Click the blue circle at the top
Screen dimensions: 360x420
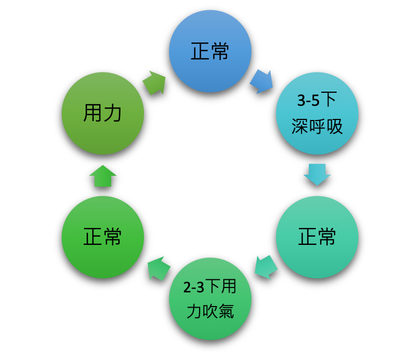pyautogui.click(x=210, y=51)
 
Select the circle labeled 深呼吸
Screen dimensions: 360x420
pyautogui.click(x=317, y=113)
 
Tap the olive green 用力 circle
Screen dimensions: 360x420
pyautogui.click(x=103, y=113)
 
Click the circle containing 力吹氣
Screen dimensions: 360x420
pyautogui.click(x=210, y=299)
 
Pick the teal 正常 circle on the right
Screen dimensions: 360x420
pyautogui.click(x=317, y=237)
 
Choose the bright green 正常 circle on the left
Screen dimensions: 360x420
pyautogui.click(x=103, y=237)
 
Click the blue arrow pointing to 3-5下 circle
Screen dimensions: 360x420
pyautogui.click(x=261, y=81)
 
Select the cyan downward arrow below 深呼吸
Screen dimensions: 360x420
pyautogui.click(x=317, y=174)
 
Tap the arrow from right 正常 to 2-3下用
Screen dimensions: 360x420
pyautogui.click(x=266, y=267)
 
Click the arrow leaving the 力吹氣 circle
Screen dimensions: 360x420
pyautogui.click(x=159, y=268)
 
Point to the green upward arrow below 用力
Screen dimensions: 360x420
pyautogui.click(x=103, y=176)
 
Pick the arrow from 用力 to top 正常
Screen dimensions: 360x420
pyautogui.click(x=154, y=83)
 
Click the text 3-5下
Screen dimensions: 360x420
pyautogui.click(x=317, y=100)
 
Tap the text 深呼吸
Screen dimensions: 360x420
pyautogui.click(x=317, y=127)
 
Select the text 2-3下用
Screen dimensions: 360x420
pyautogui.click(x=210, y=286)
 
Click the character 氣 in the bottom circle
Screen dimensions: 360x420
pyautogui.click(x=226, y=311)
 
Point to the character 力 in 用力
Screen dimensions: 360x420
pyautogui.click(x=113, y=113)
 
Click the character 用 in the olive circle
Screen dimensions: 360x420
pyautogui.click(x=92, y=113)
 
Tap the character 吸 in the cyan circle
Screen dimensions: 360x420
pyautogui.click(x=334, y=127)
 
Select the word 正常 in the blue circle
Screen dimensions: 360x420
pyautogui.click(x=210, y=51)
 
